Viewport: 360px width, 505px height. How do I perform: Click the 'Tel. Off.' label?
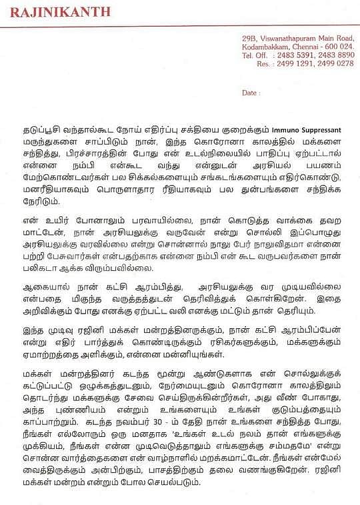point(255,55)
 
